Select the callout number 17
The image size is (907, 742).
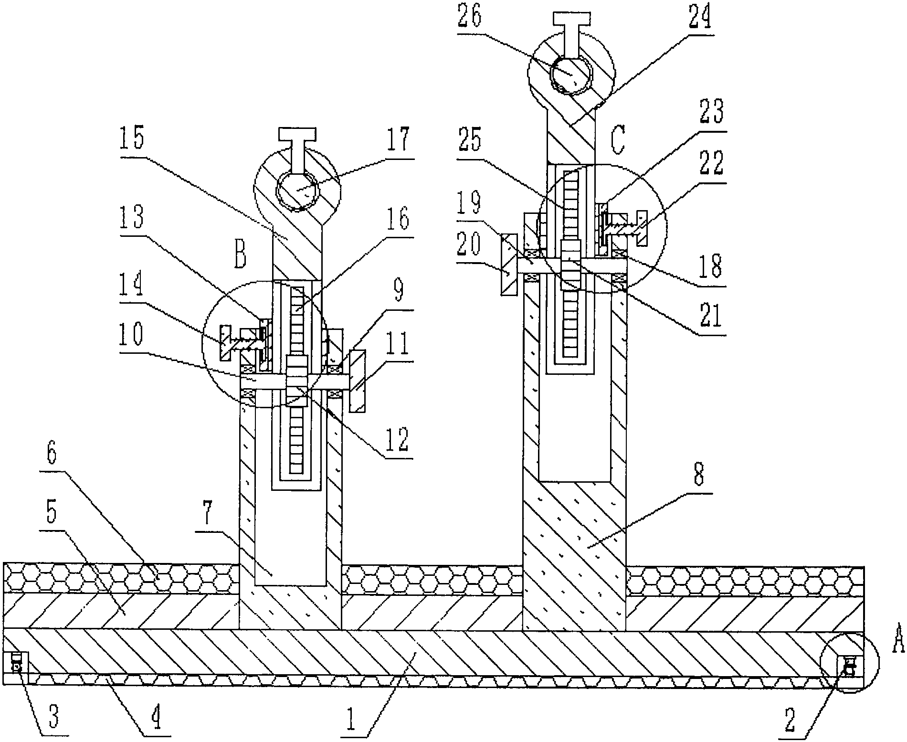[x=399, y=142]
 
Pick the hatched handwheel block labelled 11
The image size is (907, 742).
[x=358, y=381]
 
